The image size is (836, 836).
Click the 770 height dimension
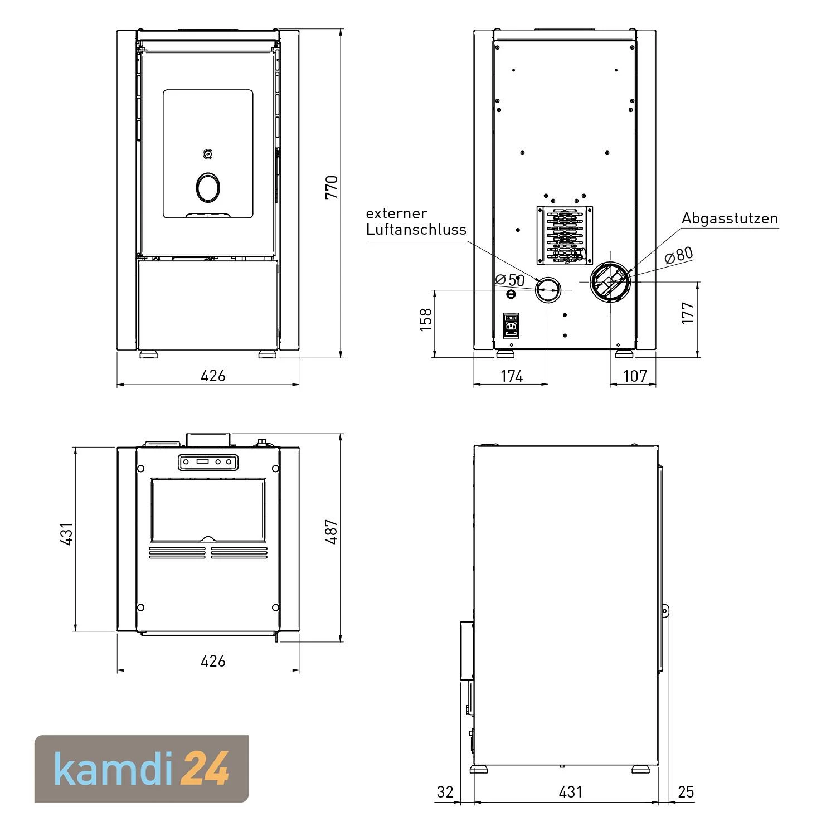tap(332, 187)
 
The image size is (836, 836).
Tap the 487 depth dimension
tap(332, 532)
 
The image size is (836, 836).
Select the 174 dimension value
tap(512, 376)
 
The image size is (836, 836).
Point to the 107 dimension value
tap(635, 376)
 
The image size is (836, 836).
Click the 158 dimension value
tap(426, 319)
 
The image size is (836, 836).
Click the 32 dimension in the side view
tap(445, 792)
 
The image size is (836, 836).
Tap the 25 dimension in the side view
tap(686, 792)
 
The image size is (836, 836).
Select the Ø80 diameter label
tap(679, 255)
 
